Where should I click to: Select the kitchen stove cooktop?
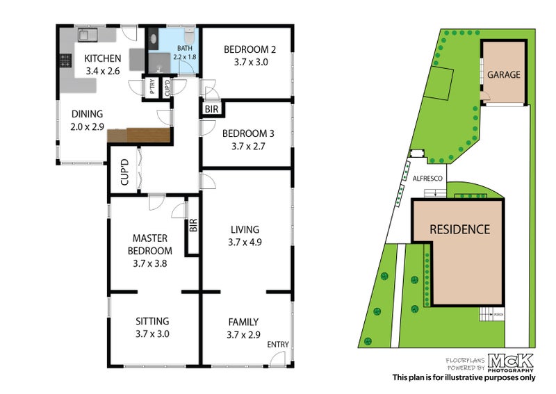pos(67,60)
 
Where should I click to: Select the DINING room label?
pos(86,115)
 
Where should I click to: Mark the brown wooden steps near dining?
pos(139,136)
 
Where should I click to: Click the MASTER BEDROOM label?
pos(149,245)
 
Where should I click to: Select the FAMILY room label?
pos(243,322)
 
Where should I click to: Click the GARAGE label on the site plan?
pos(502,74)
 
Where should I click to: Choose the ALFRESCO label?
pos(429,179)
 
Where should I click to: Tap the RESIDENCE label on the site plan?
pos(459,229)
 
